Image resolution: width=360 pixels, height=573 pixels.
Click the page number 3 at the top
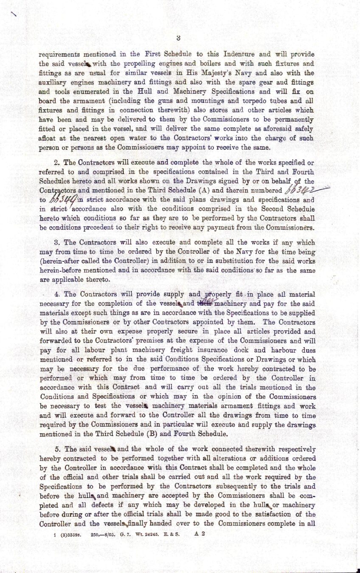(179, 38)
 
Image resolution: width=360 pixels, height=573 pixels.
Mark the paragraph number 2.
(59, 163)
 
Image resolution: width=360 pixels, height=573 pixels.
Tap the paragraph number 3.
(59, 243)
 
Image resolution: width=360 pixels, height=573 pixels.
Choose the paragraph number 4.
(59, 294)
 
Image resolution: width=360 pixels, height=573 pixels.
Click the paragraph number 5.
(59, 449)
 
